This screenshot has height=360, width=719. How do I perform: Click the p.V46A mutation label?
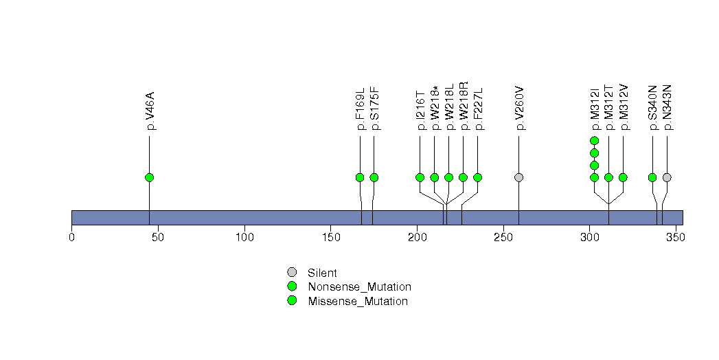(x=150, y=111)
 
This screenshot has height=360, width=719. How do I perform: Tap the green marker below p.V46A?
(x=149, y=177)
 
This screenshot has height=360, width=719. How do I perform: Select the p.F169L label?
(x=361, y=109)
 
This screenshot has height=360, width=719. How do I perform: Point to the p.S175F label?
(x=375, y=109)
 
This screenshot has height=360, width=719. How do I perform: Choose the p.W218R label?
(x=464, y=106)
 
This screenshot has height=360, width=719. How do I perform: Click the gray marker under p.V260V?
(x=518, y=177)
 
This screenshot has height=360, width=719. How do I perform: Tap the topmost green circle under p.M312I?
(x=594, y=141)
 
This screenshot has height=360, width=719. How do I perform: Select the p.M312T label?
(x=609, y=107)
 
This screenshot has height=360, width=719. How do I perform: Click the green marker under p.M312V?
(x=623, y=177)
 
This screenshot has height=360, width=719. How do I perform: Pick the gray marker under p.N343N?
(x=667, y=177)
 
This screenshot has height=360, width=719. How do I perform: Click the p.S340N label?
(x=654, y=108)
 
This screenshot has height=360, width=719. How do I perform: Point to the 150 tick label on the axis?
(x=331, y=238)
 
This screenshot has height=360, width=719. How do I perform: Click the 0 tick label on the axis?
(x=71, y=238)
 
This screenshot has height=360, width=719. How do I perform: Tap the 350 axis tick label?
(x=676, y=238)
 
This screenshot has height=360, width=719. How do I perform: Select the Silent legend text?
(x=322, y=273)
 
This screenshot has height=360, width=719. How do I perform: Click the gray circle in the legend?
(x=292, y=273)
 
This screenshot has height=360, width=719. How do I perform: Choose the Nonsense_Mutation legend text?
(x=360, y=287)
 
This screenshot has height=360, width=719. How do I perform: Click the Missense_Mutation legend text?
(x=358, y=302)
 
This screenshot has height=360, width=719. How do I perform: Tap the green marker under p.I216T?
(x=420, y=177)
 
